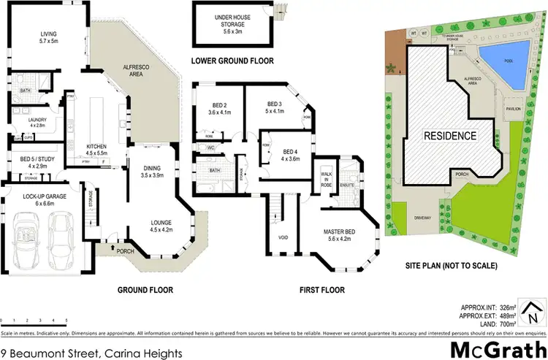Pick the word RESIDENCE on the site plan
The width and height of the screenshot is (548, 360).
click(451, 136)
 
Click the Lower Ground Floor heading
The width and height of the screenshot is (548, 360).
click(232, 61)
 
